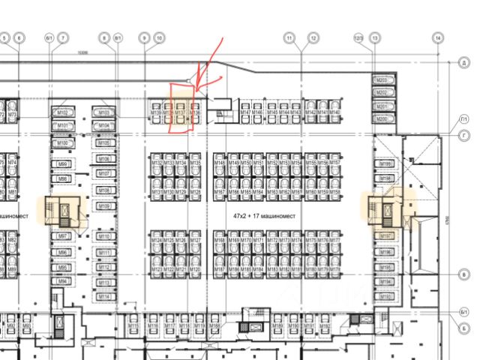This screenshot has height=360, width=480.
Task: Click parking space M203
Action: point(382,80)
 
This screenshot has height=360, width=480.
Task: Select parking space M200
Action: point(382,118)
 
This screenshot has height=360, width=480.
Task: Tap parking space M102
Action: point(64,112)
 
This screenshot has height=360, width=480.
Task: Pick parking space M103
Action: point(104,112)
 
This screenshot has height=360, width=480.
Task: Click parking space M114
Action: point(104,297)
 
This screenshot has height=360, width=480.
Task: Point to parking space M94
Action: point(64,282)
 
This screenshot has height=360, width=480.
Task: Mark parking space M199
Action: point(386,164)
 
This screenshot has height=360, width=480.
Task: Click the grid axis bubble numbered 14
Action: point(438,37)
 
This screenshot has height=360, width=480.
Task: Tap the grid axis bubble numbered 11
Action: point(289,37)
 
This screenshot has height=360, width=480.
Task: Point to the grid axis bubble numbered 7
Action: point(64,37)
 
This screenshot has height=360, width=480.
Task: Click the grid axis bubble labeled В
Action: point(464,275)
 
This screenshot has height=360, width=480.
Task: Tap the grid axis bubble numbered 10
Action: point(159,37)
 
